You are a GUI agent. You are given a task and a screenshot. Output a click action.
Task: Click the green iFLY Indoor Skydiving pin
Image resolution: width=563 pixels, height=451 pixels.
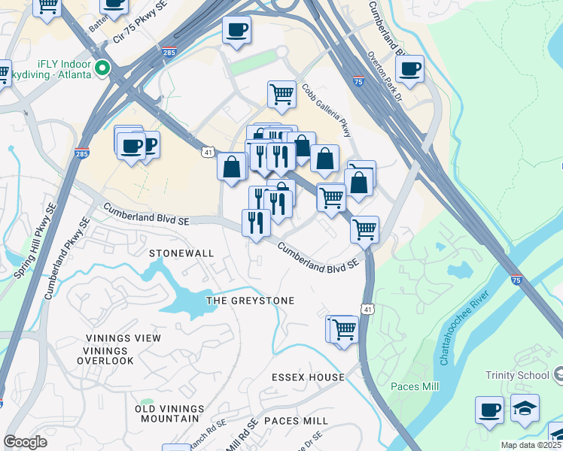pyautogui.click(x=102, y=68)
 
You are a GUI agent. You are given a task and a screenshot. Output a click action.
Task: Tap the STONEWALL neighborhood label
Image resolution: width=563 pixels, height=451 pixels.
pyautogui.click(x=181, y=253)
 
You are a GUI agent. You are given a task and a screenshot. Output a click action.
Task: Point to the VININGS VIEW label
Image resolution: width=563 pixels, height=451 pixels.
pyautogui.click(x=123, y=338)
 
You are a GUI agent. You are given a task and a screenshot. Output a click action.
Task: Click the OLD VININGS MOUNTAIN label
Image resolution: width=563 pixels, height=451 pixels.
pyautogui.click(x=169, y=413)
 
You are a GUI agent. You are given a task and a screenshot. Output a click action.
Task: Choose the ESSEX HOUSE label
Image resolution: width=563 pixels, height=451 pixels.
pyautogui.click(x=309, y=377)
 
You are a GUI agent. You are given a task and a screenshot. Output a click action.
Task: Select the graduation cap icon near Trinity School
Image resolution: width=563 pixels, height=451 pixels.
pyautogui.click(x=525, y=408)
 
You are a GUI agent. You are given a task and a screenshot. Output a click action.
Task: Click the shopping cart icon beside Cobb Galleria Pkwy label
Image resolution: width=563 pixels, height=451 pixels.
pyautogui.click(x=281, y=95)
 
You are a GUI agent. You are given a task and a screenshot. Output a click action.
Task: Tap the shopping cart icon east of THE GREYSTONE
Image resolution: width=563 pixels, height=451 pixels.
pyautogui.click(x=343, y=328)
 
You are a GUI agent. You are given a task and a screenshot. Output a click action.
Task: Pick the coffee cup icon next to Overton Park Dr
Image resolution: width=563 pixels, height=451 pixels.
pyautogui.click(x=409, y=69)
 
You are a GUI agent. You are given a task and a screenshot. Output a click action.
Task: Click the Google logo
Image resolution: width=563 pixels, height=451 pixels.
pyautogui.click(x=25, y=442)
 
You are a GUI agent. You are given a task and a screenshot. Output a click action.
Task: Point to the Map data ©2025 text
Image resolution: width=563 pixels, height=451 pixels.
pyautogui.click(x=531, y=445)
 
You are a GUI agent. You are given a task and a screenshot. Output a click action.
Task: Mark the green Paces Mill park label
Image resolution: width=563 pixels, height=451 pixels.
pyautogui.click(x=415, y=386)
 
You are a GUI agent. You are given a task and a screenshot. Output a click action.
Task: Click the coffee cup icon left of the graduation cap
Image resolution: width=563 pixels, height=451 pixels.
pyautogui.click(x=489, y=410)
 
